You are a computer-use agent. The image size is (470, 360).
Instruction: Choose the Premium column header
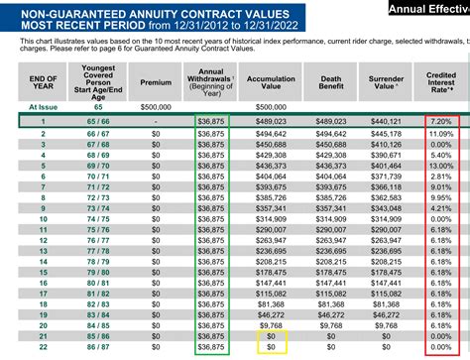tap(156, 82)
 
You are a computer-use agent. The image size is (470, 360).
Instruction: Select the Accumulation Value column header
tap(269, 82)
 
